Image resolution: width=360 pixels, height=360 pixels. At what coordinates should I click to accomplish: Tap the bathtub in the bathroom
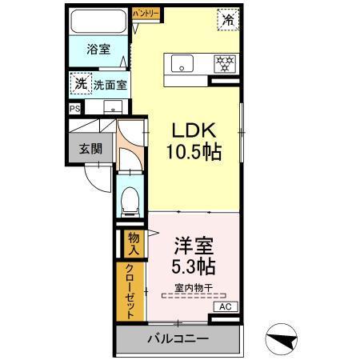(97, 22)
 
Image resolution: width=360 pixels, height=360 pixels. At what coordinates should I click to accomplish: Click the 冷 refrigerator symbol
(228, 20)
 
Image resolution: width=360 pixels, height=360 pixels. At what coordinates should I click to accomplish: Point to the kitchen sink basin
(178, 62)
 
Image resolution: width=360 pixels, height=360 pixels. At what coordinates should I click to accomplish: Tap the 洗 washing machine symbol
(80, 82)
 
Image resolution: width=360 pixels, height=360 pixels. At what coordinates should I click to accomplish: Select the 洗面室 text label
(110, 82)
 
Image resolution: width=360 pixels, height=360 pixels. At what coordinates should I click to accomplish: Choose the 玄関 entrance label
(89, 148)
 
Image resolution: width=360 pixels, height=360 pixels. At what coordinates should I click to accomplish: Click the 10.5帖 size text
(192, 151)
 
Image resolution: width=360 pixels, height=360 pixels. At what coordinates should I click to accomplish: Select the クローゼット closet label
(130, 292)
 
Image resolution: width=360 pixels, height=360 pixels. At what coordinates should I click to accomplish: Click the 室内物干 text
(194, 288)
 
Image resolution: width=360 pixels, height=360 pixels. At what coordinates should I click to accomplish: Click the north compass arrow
(286, 340)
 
